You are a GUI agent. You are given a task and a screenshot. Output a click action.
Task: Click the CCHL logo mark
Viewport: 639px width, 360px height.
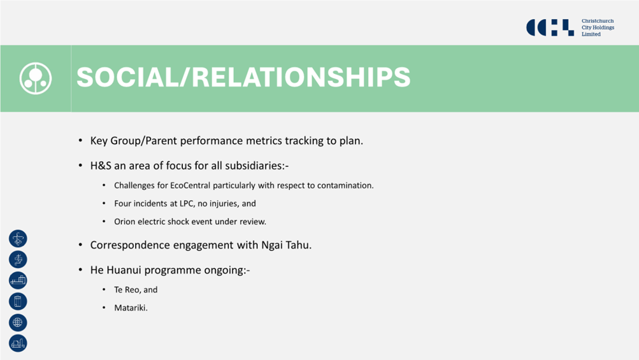click(550, 27)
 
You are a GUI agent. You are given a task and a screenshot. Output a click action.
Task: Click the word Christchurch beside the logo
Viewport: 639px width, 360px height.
click(598, 21)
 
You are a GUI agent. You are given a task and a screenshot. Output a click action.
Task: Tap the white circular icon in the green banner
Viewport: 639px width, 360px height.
click(36, 78)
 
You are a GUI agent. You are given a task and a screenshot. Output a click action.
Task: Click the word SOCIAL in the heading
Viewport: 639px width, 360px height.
click(127, 77)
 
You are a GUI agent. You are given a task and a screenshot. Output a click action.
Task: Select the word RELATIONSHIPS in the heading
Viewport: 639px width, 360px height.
click(301, 77)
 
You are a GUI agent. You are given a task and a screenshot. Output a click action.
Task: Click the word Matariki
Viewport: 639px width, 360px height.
click(131, 308)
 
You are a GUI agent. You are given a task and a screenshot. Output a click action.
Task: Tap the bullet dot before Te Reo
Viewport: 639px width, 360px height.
click(104, 289)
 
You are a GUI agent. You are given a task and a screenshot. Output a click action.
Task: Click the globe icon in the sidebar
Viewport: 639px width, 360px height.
click(18, 322)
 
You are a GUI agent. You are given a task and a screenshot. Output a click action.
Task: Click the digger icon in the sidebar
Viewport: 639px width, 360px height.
click(18, 343)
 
